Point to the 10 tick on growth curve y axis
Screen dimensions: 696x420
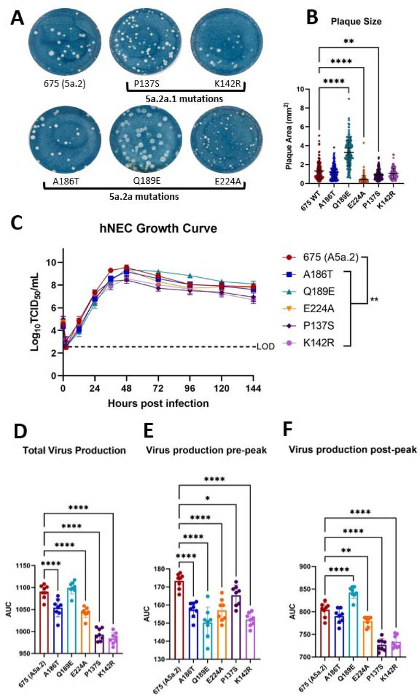pos(52,262)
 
